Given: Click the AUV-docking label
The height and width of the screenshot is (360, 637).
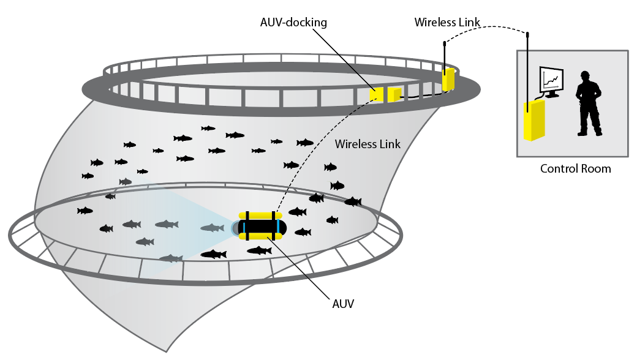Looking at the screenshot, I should tap(293, 23).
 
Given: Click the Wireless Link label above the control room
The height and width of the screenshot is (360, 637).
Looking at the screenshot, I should tap(447, 22).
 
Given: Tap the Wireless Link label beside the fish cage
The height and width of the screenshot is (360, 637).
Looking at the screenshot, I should tap(367, 144).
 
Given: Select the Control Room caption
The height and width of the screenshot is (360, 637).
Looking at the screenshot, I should tap(575, 168).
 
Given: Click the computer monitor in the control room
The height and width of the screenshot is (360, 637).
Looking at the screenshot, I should tap(550, 80).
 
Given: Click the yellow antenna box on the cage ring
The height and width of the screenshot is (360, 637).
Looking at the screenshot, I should tap(449, 80).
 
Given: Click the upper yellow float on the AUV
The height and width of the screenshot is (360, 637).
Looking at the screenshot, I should tap(260, 216).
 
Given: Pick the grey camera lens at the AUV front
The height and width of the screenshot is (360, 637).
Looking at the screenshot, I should tap(235, 228).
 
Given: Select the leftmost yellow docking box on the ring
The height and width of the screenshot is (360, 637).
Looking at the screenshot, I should tap(376, 94).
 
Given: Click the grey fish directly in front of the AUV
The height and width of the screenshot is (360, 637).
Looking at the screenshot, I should tap(213, 228).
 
